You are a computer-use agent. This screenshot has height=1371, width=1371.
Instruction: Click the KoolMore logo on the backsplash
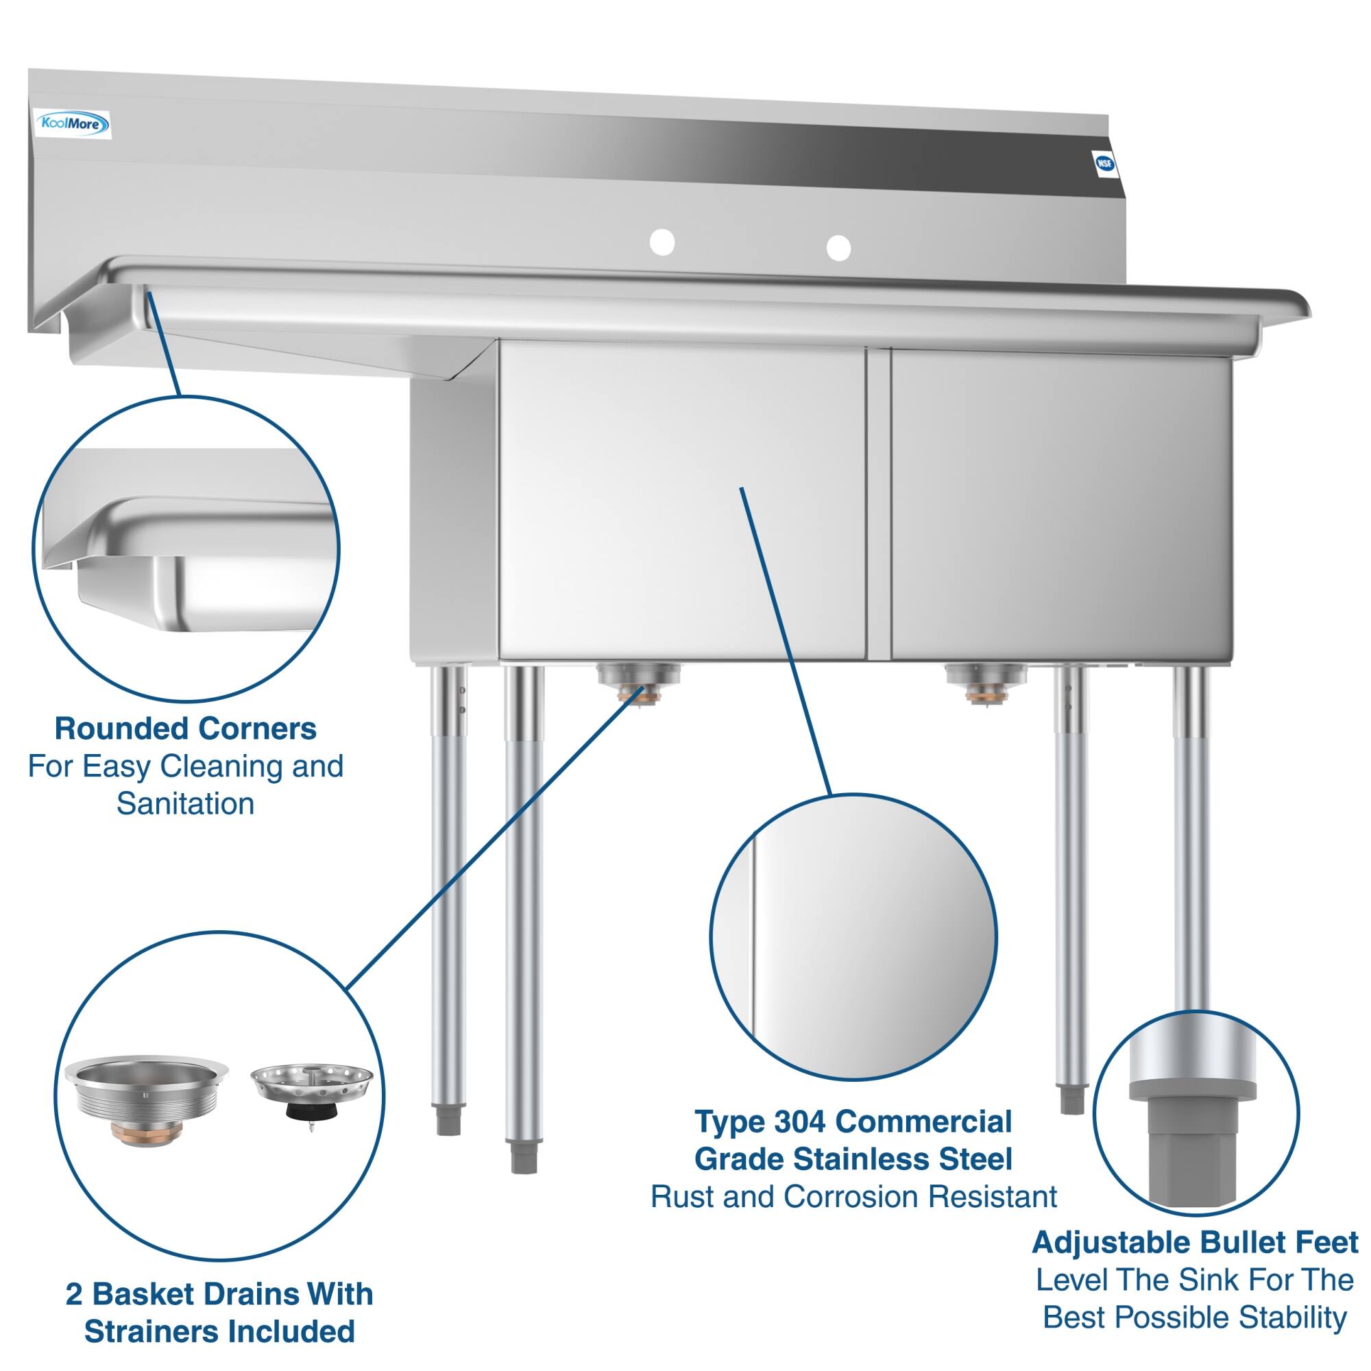(73, 125)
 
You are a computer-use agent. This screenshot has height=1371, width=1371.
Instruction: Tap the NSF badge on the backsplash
(1104, 164)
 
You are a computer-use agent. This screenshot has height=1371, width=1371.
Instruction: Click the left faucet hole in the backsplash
(662, 242)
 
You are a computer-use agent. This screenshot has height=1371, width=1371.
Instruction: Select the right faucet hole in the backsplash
(838, 247)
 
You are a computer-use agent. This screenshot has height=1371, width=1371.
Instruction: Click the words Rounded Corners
(185, 729)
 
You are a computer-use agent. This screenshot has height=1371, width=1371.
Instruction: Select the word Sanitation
(185, 804)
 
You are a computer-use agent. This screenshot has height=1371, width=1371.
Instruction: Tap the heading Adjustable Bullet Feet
(1194, 1243)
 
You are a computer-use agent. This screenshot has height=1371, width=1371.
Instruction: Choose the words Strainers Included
(219, 1332)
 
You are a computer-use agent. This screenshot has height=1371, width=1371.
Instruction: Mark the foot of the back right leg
(1071, 1100)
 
